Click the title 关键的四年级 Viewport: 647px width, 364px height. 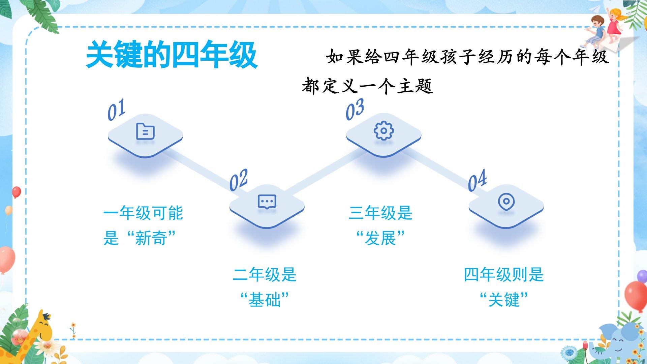click(172, 55)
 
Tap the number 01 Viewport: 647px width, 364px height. click(116, 110)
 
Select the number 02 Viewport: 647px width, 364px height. click(239, 180)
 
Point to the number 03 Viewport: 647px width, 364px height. click(355, 110)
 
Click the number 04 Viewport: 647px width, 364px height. click(477, 180)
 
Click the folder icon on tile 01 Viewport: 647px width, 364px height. click(145, 131)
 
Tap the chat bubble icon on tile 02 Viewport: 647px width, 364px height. click(267, 202)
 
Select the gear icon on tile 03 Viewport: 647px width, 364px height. click(383, 131)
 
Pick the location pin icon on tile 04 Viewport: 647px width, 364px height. click(506, 202)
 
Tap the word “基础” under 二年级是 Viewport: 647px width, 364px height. click(265, 300)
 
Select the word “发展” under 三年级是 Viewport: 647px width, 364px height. click(380, 238)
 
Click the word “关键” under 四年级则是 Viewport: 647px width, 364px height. click(504, 300)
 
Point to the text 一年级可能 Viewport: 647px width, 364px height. click(143, 213)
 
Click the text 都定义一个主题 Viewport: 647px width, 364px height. click(367, 86)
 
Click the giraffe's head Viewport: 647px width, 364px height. click(44, 324)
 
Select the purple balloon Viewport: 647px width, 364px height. click(642, 276)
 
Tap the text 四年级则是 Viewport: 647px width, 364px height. click(504, 274)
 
